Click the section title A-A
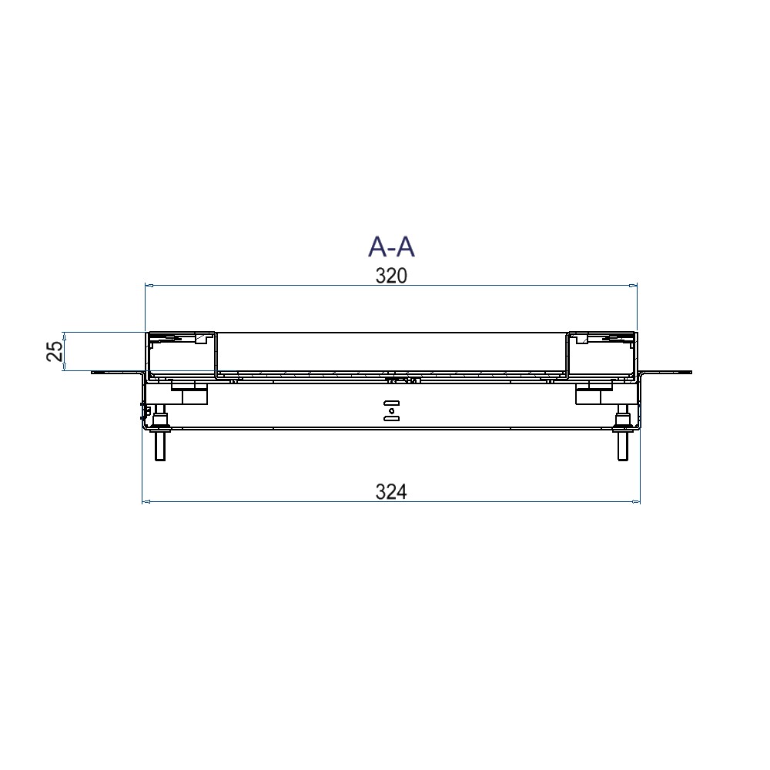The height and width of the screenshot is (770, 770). point(391,246)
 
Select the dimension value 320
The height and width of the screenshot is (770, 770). point(391,276)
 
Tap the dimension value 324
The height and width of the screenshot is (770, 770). point(391,491)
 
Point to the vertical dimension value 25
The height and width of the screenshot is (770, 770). point(55,351)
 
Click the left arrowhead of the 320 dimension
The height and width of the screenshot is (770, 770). point(149,285)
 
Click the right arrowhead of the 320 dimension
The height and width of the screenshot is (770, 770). point(633,285)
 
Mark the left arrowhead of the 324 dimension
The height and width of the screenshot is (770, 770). point(146,502)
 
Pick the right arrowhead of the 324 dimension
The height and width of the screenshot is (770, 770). point(636,502)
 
